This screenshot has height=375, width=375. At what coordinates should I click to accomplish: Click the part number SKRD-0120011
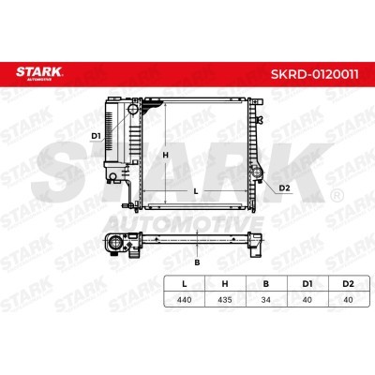(x=314, y=74)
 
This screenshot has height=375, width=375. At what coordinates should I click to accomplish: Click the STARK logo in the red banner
(x=39, y=73)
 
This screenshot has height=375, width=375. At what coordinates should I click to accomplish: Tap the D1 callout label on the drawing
(x=96, y=136)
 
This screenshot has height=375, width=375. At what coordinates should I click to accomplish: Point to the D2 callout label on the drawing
(x=284, y=187)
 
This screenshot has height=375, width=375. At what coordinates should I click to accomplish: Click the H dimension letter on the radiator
(x=166, y=155)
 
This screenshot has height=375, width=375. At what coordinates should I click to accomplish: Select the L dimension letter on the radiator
(x=196, y=191)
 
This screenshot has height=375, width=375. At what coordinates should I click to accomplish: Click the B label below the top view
(x=197, y=262)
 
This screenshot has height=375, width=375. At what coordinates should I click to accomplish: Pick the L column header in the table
(x=185, y=284)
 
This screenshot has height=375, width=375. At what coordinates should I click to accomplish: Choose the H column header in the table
(x=225, y=284)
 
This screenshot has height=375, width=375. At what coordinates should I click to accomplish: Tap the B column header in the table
(x=266, y=284)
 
